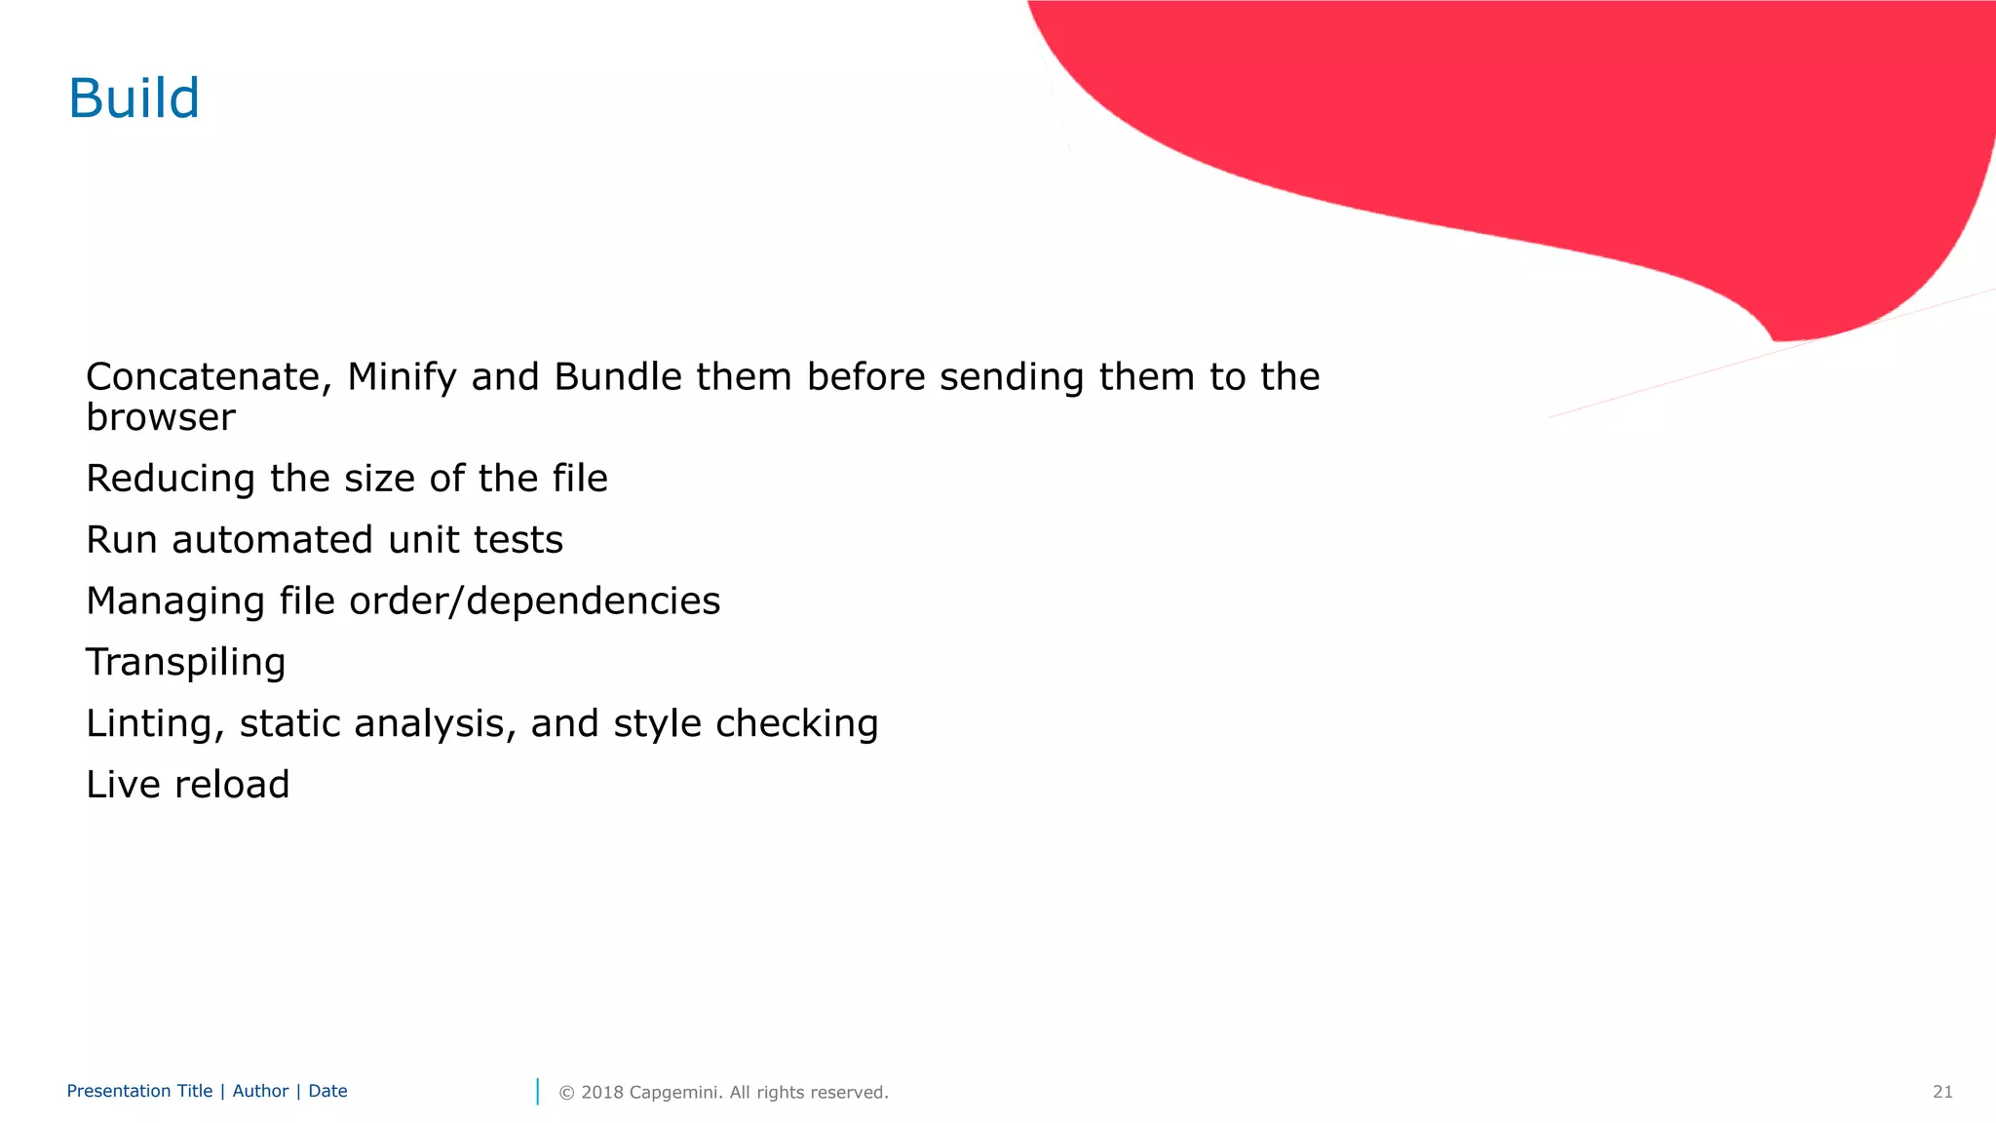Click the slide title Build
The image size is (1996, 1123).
click(x=134, y=98)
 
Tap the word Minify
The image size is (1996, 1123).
click(x=402, y=377)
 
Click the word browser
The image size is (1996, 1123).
click(x=161, y=417)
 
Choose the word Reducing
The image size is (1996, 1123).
click(x=171, y=479)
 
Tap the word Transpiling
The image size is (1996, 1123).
click(x=186, y=663)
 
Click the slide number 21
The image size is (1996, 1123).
click(x=1942, y=1092)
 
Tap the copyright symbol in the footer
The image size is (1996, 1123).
click(x=566, y=1093)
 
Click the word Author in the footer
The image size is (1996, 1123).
click(x=260, y=1091)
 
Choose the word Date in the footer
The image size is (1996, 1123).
click(x=327, y=1091)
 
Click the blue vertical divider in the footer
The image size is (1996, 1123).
click(x=537, y=1092)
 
